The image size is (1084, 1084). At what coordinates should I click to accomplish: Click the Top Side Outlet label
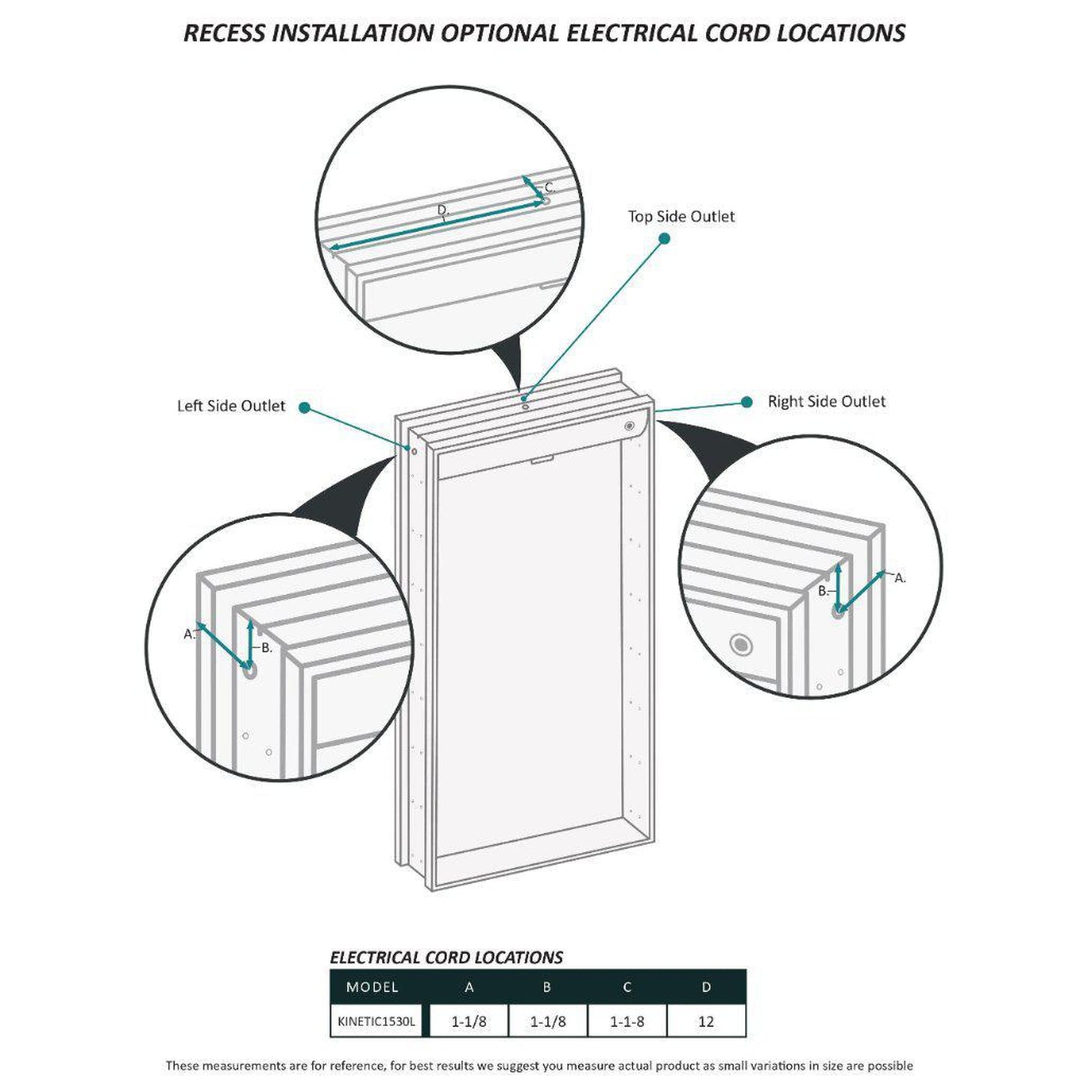(x=680, y=217)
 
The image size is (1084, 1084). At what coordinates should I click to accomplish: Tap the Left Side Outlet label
(x=231, y=406)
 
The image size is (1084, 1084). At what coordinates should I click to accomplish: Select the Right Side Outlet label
(x=827, y=401)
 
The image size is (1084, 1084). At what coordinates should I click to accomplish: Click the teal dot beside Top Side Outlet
(x=664, y=239)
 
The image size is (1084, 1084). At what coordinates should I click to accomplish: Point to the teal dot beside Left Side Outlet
(x=305, y=407)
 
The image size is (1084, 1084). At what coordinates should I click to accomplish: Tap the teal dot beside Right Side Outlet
(x=746, y=401)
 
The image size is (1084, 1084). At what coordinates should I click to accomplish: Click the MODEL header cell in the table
(x=372, y=987)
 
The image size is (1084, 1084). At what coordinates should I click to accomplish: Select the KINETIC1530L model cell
(x=377, y=1020)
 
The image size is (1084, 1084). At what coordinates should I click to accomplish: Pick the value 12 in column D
(x=705, y=1021)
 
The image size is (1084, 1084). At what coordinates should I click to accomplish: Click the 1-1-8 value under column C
(x=626, y=1021)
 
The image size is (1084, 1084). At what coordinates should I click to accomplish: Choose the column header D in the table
(x=706, y=987)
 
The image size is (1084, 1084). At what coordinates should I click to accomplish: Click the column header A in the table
(x=469, y=987)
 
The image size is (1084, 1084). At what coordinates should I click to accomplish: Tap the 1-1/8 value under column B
(x=548, y=1021)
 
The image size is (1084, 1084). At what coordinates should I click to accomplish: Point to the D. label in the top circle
(x=443, y=210)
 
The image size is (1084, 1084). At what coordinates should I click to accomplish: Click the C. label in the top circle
(x=550, y=188)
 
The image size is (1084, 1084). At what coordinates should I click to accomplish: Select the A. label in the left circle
(x=190, y=634)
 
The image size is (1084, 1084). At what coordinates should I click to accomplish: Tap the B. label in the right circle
(x=823, y=591)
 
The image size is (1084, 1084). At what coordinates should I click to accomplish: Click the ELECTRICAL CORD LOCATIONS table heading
(x=446, y=957)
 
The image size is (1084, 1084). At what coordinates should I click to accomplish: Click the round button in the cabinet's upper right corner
(x=629, y=426)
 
